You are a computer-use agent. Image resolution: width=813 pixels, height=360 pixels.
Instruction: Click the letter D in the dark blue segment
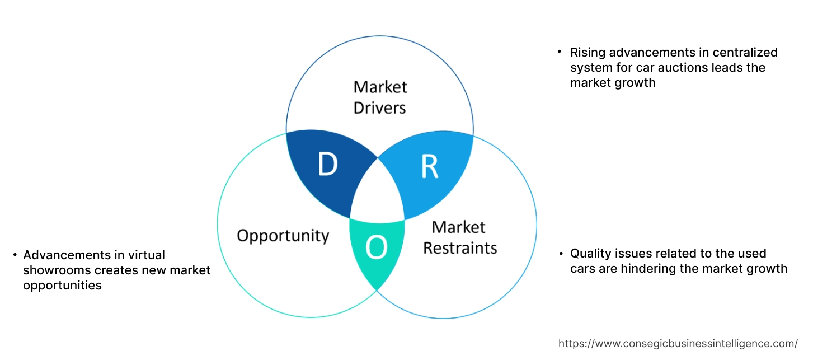[327, 164]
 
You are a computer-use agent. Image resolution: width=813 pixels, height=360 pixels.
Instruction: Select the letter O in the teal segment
[376, 248]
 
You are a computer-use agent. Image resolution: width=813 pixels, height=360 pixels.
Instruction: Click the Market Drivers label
[380, 97]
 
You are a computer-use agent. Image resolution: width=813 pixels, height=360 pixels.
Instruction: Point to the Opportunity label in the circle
[283, 235]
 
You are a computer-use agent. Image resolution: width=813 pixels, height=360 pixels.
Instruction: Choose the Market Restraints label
[459, 237]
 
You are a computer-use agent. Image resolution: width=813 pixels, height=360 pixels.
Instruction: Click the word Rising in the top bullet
[588, 52]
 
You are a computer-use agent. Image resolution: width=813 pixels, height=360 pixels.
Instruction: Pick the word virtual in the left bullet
[145, 255]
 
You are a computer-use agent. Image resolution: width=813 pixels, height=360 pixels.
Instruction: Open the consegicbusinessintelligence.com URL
[678, 343]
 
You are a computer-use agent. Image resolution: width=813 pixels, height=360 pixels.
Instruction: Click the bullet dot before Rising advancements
[559, 52]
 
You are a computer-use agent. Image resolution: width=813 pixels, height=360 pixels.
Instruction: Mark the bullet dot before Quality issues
[561, 254]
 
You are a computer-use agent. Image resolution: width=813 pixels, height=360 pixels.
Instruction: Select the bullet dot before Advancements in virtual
[14, 255]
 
